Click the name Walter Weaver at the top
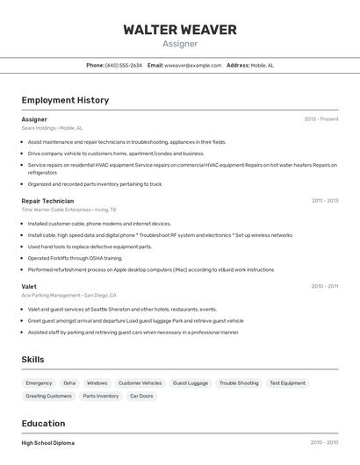(180, 30)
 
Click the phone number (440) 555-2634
(123, 65)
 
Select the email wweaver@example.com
(192, 65)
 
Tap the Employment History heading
(65, 100)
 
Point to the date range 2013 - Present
(320, 118)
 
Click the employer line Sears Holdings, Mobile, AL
(52, 128)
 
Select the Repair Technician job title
(47, 201)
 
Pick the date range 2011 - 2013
(325, 201)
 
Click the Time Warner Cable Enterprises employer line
(68, 210)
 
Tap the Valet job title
(29, 286)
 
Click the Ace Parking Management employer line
(68, 296)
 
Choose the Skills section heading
(32, 360)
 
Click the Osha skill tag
(69, 383)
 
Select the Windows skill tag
(97, 383)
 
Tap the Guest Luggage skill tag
(191, 383)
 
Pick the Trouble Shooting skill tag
(239, 383)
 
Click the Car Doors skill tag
(141, 396)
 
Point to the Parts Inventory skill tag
(101, 396)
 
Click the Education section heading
(43, 423)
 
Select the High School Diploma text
(48, 443)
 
